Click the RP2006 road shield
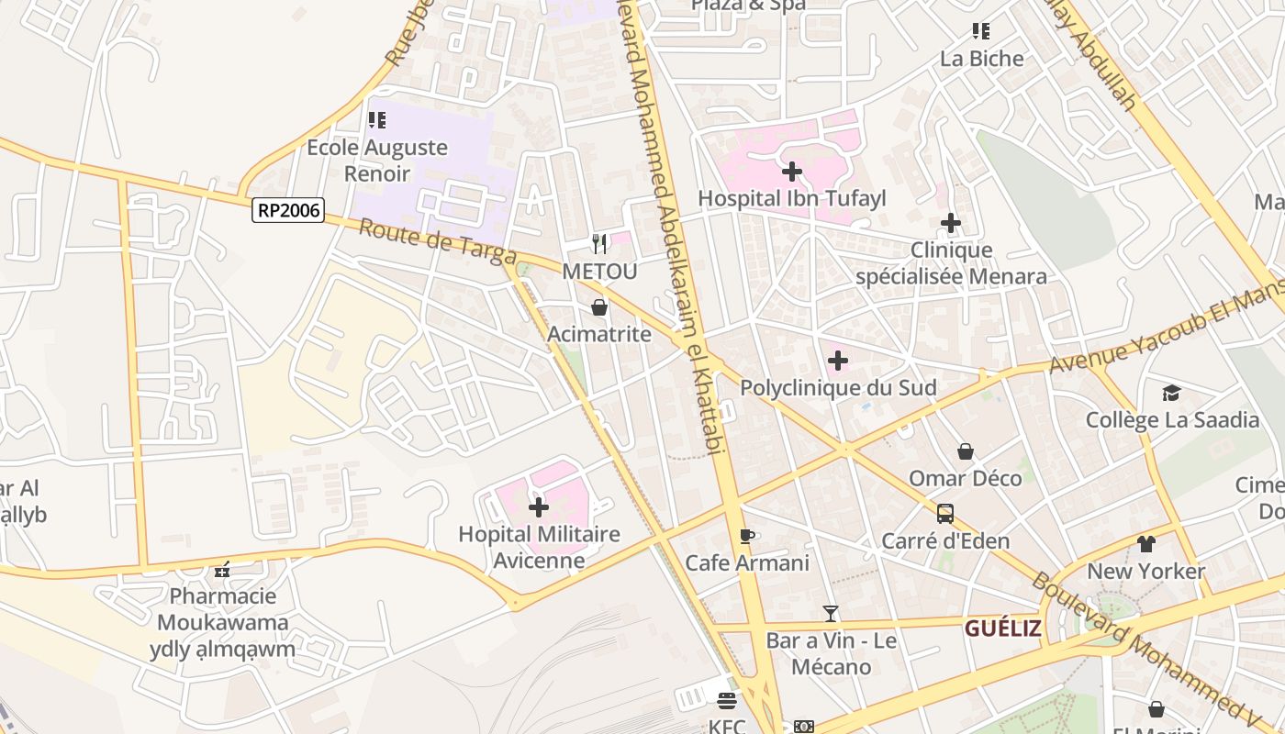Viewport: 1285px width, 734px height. (288, 210)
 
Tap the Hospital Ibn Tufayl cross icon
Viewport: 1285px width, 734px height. (791, 172)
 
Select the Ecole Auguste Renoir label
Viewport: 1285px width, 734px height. (377, 160)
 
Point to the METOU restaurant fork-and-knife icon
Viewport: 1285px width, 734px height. (599, 243)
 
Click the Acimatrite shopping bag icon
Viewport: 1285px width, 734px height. (599, 307)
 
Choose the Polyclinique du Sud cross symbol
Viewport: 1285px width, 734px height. (837, 361)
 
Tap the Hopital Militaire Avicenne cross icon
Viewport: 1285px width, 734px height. (539, 506)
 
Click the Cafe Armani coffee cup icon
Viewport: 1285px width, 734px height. (747, 536)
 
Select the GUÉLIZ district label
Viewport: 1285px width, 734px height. (1002, 628)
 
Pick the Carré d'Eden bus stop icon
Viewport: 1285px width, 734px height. (945, 514)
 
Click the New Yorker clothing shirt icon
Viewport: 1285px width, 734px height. (1145, 544)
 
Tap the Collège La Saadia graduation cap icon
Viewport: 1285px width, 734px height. (1171, 394)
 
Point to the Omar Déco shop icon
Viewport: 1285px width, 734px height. (965, 451)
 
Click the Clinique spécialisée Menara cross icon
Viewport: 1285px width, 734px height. (951, 223)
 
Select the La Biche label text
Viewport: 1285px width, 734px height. (981, 59)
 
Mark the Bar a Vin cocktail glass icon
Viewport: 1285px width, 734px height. (831, 614)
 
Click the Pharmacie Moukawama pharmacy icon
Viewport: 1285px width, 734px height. (222, 570)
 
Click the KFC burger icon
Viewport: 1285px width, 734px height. (727, 701)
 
